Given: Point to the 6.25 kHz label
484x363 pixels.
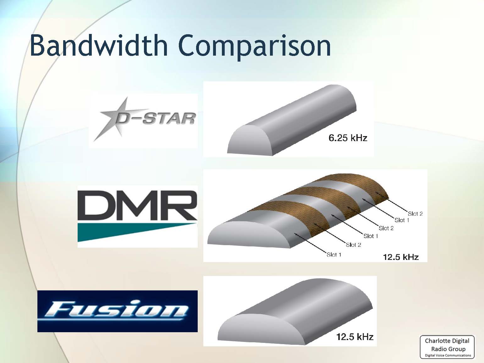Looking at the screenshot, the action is coord(348,138).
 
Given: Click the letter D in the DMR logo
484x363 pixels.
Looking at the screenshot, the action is coord(97,206).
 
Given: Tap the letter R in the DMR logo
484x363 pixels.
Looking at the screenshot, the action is coord(180,206).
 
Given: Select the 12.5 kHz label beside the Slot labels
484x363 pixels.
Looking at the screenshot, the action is coord(401,257).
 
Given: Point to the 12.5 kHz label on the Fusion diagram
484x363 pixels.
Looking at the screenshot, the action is coord(355,337).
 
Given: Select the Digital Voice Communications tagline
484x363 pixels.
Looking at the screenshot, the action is coord(448,355).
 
